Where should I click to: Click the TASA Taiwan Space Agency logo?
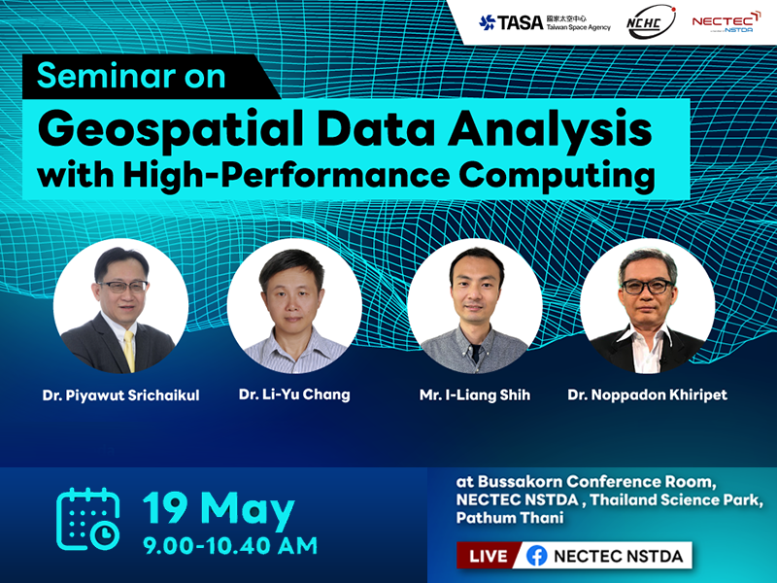tap(545, 22)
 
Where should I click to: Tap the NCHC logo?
tap(651, 22)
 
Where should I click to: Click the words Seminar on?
tap(131, 77)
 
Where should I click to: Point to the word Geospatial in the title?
tap(170, 130)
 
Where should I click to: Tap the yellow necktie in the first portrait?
tap(129, 350)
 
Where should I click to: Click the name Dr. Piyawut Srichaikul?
tap(120, 395)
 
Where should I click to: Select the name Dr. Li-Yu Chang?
tap(294, 394)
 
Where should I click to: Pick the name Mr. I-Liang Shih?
tap(475, 395)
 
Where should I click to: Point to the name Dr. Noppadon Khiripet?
tap(647, 395)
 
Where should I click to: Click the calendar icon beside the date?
tap(88, 519)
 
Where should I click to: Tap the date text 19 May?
tap(219, 509)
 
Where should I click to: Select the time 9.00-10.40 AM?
tap(230, 546)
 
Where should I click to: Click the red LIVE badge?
tap(489, 556)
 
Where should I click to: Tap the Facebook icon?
tap(537, 556)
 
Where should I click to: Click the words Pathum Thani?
tap(510, 518)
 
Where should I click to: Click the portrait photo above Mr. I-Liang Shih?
tap(475, 306)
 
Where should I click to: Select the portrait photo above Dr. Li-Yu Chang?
tap(294, 306)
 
